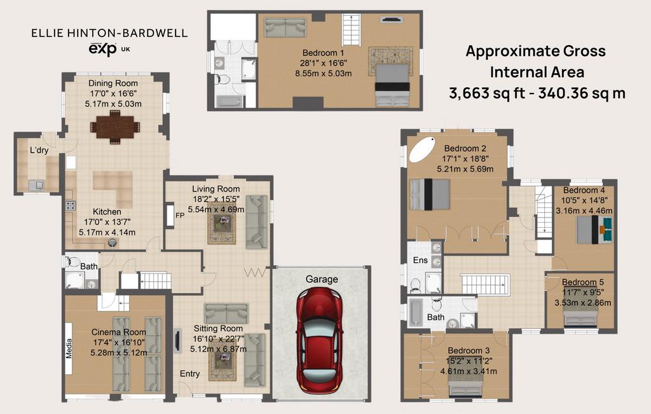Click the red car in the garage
(320, 341)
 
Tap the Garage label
(322, 279)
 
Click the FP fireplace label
(180, 216)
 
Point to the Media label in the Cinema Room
(69, 348)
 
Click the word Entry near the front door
(189, 374)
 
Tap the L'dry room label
(39, 150)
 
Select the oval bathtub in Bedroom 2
(422, 149)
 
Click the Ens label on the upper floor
(420, 260)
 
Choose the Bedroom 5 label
(583, 282)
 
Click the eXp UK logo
(109, 49)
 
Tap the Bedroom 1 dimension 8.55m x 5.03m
(324, 74)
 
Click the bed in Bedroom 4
(594, 230)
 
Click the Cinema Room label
(119, 332)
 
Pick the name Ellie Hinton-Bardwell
(109, 33)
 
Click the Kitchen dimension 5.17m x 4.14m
(107, 233)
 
